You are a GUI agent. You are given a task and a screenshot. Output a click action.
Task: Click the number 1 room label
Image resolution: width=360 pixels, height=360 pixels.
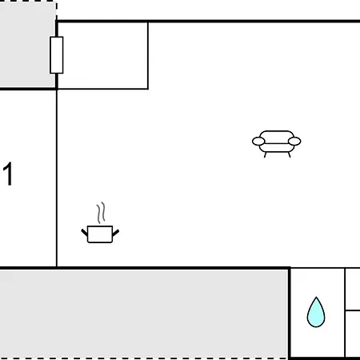[x=8, y=174]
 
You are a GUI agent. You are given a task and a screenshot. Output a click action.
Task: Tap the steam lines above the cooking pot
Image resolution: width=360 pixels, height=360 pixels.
[x=101, y=213]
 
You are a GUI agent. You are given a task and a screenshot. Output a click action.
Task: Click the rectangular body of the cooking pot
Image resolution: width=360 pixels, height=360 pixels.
[x=100, y=234]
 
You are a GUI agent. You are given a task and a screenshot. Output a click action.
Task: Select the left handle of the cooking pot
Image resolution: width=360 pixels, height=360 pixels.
[x=84, y=233]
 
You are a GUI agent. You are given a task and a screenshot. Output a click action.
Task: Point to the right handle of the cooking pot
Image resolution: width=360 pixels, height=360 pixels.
[x=116, y=233]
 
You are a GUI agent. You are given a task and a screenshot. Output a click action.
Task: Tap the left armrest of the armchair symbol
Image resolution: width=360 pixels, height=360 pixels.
[x=258, y=142]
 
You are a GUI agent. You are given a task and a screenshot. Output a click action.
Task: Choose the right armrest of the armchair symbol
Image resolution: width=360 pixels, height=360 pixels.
[x=294, y=141]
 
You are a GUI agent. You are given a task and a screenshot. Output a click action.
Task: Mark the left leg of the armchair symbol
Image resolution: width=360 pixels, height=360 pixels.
[x=265, y=154]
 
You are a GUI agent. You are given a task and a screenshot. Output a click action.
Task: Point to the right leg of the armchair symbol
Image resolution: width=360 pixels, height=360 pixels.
[x=290, y=154]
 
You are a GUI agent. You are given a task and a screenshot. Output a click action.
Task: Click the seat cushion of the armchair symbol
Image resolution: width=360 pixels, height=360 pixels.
[x=277, y=148]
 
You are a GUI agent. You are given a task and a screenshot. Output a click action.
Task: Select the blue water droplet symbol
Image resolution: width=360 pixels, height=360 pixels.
[x=316, y=312]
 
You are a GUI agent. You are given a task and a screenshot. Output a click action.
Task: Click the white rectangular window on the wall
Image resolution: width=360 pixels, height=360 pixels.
[x=57, y=55]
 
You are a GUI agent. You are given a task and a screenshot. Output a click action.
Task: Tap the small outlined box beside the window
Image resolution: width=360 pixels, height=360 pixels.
[x=103, y=55]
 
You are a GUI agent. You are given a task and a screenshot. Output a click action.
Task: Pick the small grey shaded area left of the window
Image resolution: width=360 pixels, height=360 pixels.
[x=27, y=45]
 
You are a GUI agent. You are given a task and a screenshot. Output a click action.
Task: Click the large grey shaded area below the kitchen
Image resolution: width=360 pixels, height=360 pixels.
[x=144, y=314]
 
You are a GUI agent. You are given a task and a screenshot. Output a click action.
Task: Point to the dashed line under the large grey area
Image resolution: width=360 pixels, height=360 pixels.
[x=144, y=358]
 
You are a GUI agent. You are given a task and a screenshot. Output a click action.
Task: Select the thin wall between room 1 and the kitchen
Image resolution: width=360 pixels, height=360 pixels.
[x=57, y=178]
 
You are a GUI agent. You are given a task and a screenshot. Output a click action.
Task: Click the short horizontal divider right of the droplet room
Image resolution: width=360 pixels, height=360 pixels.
[x=353, y=310]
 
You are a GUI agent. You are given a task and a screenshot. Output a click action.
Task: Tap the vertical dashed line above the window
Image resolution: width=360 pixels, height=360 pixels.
[x=56, y=10]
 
